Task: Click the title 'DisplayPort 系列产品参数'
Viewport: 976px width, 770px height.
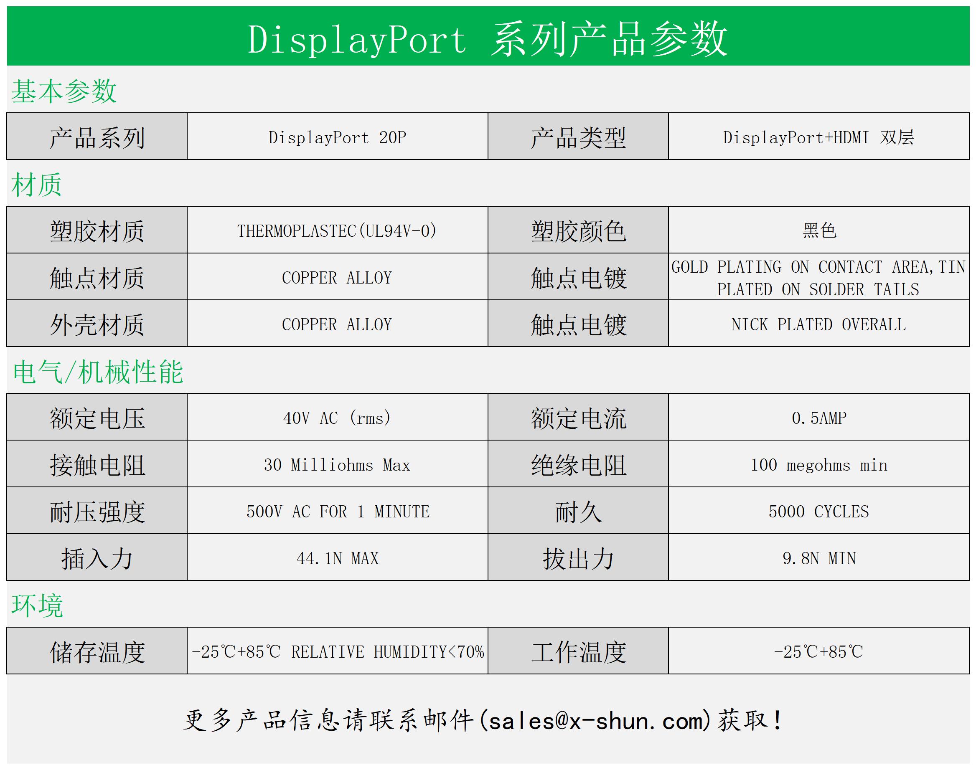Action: (488, 40)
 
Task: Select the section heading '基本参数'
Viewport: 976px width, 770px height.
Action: (64, 91)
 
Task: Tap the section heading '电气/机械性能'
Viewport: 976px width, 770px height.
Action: (98, 372)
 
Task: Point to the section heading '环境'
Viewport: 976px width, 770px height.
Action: (38, 605)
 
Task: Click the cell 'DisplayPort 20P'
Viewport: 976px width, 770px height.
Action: (337, 137)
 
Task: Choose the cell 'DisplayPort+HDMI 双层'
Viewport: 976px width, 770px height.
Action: (818, 137)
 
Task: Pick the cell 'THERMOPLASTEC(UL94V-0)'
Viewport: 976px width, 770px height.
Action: (337, 231)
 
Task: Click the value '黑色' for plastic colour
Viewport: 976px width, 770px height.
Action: (819, 230)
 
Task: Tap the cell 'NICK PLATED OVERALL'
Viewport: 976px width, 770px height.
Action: (818, 324)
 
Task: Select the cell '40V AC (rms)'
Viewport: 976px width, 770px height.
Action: (337, 418)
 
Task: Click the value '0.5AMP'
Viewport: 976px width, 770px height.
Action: (819, 418)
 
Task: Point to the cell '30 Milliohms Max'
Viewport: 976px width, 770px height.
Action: (337, 465)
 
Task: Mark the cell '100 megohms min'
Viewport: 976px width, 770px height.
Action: (819, 465)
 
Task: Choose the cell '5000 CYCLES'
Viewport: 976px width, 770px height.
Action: (818, 512)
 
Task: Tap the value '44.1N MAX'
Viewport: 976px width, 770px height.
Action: (337, 559)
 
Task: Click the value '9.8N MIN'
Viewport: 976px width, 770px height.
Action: (819, 559)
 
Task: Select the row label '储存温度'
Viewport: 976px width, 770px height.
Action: (97, 652)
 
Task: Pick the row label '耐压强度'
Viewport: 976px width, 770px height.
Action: (97, 512)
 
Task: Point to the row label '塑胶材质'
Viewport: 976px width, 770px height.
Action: (97, 231)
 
